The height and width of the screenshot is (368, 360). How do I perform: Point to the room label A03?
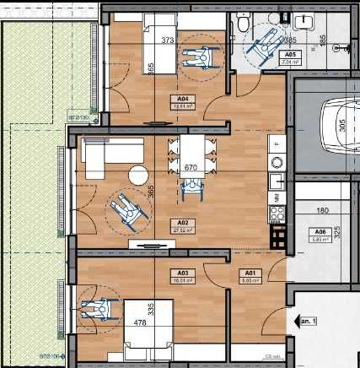[x=179, y=273]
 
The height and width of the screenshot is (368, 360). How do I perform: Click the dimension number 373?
[x=167, y=40]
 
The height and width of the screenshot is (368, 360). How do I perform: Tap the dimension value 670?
[x=191, y=168]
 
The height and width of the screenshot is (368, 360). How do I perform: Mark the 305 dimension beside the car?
[x=342, y=127]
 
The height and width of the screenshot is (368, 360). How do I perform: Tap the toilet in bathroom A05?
[x=243, y=26]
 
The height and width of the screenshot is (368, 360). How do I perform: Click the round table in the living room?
[x=137, y=176]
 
